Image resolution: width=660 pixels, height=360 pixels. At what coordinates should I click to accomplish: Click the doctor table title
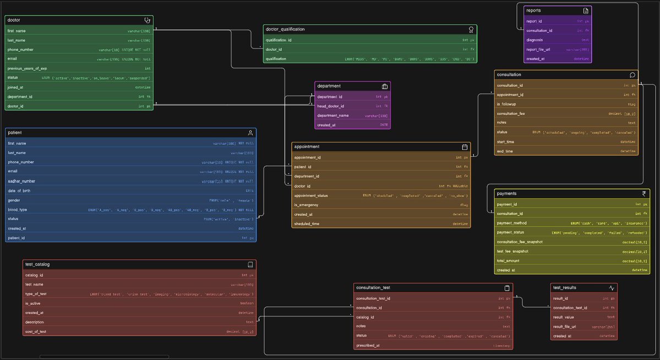[x=14, y=20]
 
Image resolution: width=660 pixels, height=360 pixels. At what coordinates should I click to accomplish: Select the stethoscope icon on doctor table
[x=147, y=20]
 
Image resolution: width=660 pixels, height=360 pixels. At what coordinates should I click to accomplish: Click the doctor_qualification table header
[x=285, y=29]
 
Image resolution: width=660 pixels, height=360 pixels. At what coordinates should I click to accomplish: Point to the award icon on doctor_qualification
[x=471, y=29]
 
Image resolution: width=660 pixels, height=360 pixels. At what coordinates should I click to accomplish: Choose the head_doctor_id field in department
[x=330, y=106]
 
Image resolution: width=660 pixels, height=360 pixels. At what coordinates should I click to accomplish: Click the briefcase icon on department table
[x=385, y=86]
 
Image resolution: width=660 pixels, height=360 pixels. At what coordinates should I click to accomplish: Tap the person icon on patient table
[x=250, y=133]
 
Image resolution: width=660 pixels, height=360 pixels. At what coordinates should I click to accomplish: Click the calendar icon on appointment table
[x=465, y=147]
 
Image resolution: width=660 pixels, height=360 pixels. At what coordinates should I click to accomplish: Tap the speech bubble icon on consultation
[x=632, y=75]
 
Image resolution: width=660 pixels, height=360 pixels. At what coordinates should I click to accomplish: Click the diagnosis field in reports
[x=535, y=40]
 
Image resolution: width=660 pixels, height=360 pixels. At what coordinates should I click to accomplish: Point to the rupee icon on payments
[x=644, y=194]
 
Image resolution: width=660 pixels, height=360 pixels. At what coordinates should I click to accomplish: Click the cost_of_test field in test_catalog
[x=36, y=332]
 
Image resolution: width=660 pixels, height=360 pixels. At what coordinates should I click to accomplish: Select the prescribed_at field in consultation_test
[x=368, y=346]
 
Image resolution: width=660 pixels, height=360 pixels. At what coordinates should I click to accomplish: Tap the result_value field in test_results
[x=564, y=317]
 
